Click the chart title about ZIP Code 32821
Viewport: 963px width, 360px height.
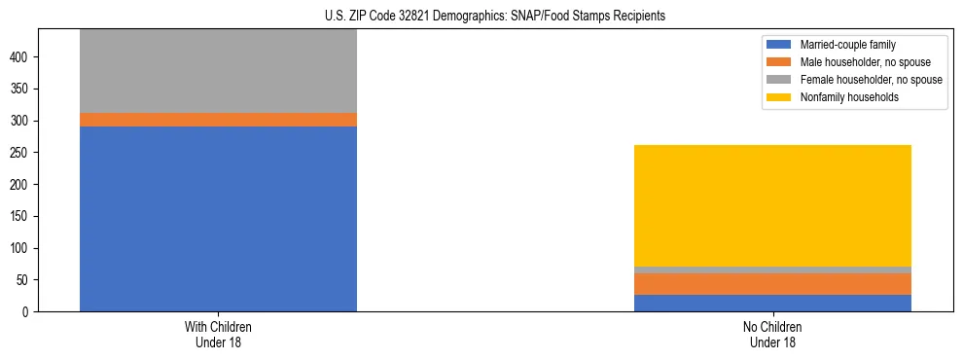[x=496, y=17]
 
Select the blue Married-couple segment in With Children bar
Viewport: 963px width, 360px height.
[x=218, y=219]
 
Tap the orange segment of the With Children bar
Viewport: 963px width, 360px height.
[x=218, y=120]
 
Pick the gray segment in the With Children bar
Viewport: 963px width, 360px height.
[x=218, y=71]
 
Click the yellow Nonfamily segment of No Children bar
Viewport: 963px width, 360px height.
[x=772, y=205]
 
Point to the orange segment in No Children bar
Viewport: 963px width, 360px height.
[x=772, y=284]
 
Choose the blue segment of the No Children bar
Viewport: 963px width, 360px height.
[x=772, y=303]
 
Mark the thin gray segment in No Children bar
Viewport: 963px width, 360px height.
[x=772, y=270]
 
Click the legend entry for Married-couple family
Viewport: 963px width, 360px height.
[x=847, y=45]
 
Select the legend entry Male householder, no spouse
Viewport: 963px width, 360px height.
[x=865, y=62]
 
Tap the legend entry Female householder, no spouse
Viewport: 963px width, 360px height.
[x=871, y=80]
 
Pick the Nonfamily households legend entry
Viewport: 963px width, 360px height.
[x=848, y=97]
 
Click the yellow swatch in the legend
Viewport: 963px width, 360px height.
[x=779, y=97]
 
